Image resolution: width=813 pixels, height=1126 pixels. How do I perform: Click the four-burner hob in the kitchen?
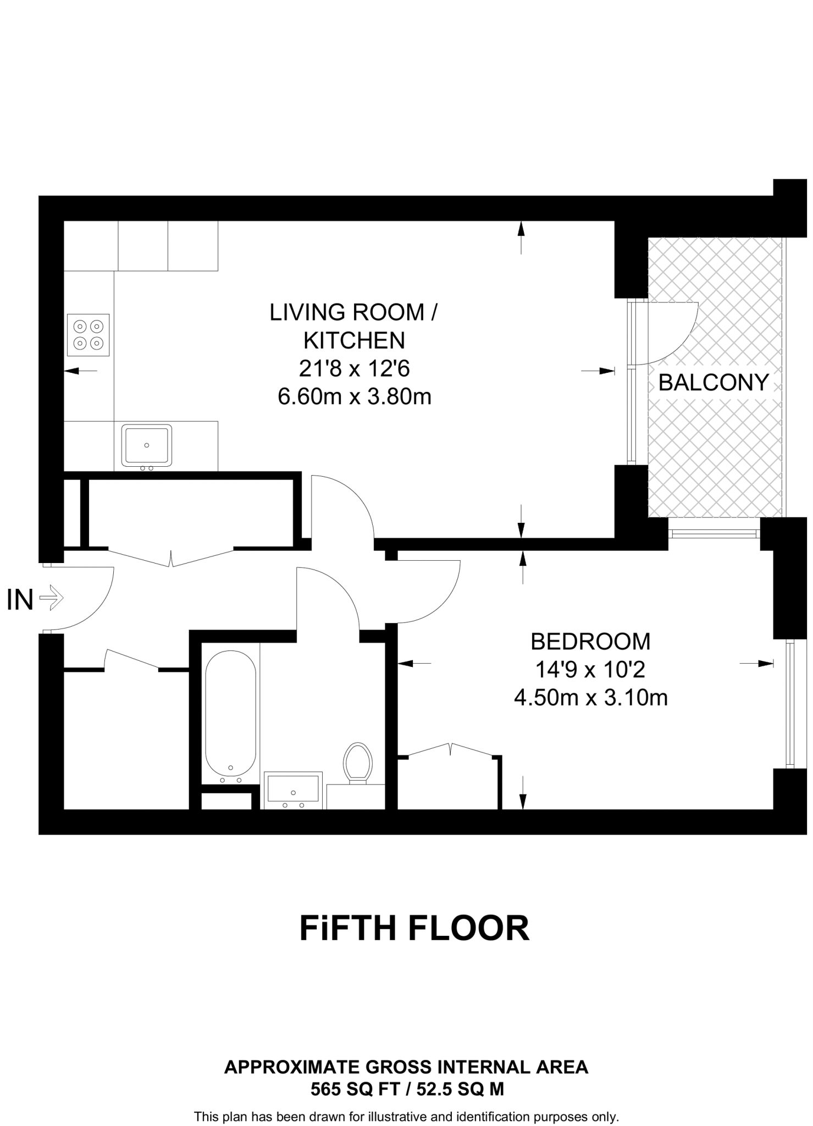point(88,335)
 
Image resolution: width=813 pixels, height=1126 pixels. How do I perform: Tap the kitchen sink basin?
point(146,445)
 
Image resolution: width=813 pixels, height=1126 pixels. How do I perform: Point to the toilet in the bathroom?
point(358,762)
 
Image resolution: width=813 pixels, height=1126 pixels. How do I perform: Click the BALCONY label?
point(713,383)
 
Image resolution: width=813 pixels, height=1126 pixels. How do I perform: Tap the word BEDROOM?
point(590,642)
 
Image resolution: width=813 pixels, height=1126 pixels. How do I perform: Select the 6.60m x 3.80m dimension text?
point(354,396)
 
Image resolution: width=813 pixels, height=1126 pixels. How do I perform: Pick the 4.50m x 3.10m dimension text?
point(590,698)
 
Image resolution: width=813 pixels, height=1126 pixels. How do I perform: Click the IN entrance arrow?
point(52,597)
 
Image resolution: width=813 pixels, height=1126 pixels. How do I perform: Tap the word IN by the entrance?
point(20,600)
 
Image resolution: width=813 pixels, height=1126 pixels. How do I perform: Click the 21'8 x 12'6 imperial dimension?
point(354,368)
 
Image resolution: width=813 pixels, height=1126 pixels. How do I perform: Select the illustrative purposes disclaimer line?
point(406,1117)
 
